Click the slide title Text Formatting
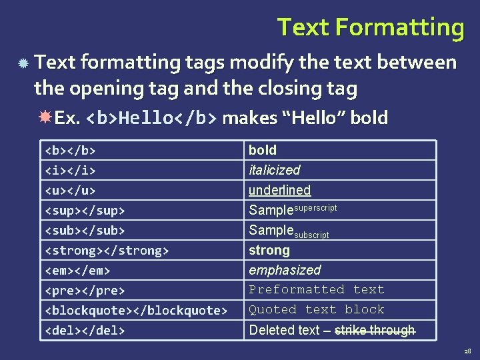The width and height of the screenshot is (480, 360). click(371, 27)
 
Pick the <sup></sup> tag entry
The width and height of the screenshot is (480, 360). click(85, 210)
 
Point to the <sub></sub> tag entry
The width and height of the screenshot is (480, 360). click(85, 230)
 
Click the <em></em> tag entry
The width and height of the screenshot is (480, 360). click(77, 270)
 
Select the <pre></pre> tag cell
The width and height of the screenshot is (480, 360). click(85, 290)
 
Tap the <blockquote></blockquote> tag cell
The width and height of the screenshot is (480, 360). click(136, 310)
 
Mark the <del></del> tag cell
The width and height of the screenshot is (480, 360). click(85, 330)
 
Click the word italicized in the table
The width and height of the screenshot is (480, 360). click(274, 170)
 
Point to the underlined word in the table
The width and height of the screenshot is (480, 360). click(279, 190)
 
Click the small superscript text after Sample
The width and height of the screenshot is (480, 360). click(315, 207)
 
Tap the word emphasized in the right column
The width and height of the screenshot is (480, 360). click(285, 270)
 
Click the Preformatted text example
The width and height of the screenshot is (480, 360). click(317, 290)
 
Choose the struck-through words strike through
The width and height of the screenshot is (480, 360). click(374, 330)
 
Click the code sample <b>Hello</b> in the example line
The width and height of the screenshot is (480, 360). click(152, 119)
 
